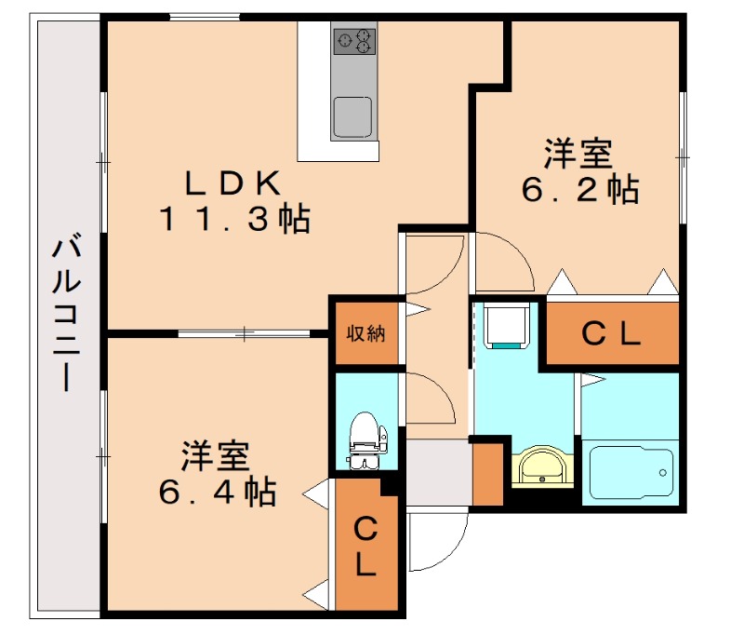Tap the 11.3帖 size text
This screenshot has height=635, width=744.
[233, 220]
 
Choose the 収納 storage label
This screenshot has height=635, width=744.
[366, 332]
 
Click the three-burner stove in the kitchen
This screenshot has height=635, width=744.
[354, 39]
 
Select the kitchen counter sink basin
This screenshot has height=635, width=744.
[352, 116]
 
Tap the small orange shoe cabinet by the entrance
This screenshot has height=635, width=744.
[487, 475]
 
